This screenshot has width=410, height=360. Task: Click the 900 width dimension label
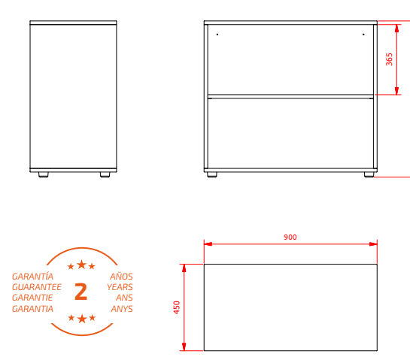point(290,237)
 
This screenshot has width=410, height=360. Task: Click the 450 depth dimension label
point(177,307)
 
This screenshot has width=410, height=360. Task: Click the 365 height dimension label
point(390,59)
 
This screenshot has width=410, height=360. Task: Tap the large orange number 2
point(80,292)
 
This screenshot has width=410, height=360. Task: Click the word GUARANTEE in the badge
point(37,287)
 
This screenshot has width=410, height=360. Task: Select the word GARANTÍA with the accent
point(32,276)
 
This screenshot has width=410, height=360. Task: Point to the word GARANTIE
point(32,298)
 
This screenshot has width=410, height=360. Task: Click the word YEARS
point(120,287)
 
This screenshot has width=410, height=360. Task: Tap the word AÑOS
point(121,276)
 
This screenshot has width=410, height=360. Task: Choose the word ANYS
point(122,309)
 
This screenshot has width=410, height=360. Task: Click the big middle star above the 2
point(82,265)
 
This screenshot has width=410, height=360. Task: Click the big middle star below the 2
point(82,319)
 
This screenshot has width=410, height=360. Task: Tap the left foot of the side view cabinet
point(44,174)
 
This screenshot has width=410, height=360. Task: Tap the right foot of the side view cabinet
point(105,174)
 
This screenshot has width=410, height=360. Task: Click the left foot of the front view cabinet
point(212,174)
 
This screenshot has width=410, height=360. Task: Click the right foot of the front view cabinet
point(369,174)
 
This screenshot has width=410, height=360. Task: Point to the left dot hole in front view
point(217,35)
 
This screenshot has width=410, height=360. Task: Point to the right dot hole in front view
point(363,35)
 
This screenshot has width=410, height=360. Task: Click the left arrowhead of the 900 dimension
point(208,244)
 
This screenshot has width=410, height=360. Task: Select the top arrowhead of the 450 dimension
point(184,268)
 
